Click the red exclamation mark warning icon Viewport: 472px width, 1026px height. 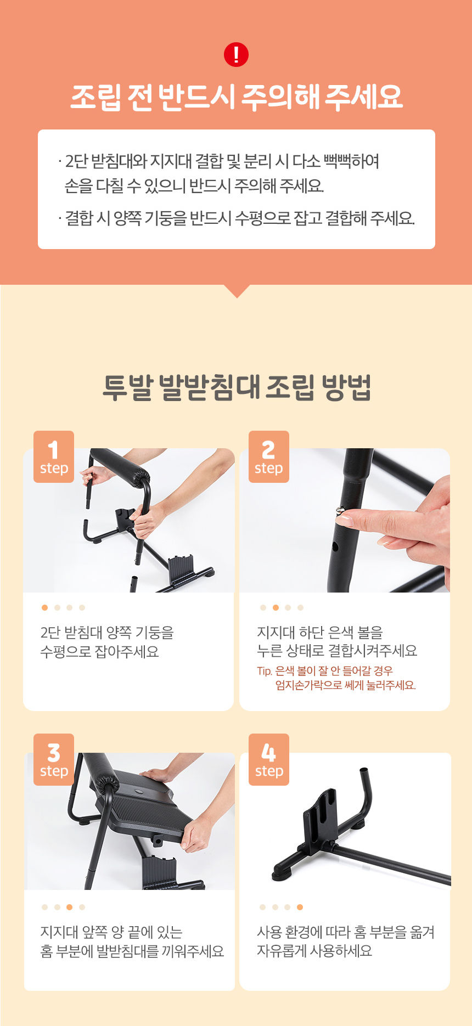(x=237, y=55)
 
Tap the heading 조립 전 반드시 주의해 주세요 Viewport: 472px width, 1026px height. (x=237, y=97)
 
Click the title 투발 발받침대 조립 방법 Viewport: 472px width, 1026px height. (x=237, y=388)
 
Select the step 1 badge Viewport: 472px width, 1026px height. (x=54, y=457)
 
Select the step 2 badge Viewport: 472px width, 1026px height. (x=269, y=457)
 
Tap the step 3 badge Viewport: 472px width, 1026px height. (x=54, y=760)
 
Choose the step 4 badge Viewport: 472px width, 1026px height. (x=269, y=760)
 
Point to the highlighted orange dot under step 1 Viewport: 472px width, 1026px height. (x=44, y=607)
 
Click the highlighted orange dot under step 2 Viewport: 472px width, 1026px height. (x=276, y=607)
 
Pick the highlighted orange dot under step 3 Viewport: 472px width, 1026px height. (x=69, y=907)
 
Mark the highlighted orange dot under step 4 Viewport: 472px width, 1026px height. (x=300, y=907)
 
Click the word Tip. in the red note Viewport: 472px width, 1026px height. (x=265, y=671)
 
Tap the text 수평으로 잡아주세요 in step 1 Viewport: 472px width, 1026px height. (x=99, y=652)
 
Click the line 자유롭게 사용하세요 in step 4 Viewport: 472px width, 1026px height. (x=314, y=951)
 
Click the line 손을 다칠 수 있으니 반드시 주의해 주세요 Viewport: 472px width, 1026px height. (x=194, y=186)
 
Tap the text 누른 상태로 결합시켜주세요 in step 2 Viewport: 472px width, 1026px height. (x=337, y=651)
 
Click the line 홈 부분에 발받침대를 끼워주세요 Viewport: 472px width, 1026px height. (x=132, y=951)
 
